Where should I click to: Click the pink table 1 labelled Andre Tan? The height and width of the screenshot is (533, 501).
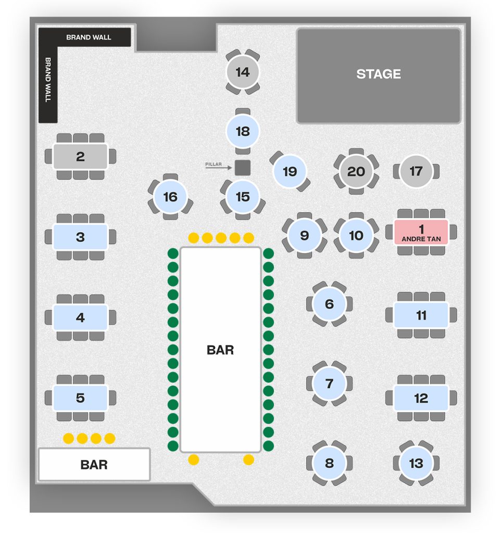coord(421,232)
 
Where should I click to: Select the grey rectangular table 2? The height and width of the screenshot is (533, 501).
coord(80,157)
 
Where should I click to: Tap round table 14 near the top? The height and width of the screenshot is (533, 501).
coord(243,72)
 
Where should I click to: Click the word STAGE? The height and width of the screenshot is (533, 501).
coord(379,74)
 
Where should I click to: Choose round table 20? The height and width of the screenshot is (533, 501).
coord(356,171)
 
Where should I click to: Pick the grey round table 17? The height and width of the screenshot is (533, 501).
coord(416,171)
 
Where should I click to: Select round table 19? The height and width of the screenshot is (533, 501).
coord(290,171)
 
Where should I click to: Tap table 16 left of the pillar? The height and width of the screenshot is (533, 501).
coord(170,197)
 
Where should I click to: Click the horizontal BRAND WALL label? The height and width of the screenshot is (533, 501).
coord(89,37)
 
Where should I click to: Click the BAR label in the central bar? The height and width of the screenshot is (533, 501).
coord(220,350)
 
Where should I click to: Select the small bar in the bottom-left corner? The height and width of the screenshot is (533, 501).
coord(94,464)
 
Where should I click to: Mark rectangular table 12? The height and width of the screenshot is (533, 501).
coord(421,398)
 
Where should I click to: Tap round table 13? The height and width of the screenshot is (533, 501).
coord(416,463)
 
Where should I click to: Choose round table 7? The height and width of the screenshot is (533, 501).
coord(329,384)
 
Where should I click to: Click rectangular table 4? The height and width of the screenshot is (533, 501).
coord(80,318)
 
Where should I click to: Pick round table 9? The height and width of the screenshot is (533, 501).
coord(304,235)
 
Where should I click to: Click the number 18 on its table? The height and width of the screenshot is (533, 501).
coord(243,132)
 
